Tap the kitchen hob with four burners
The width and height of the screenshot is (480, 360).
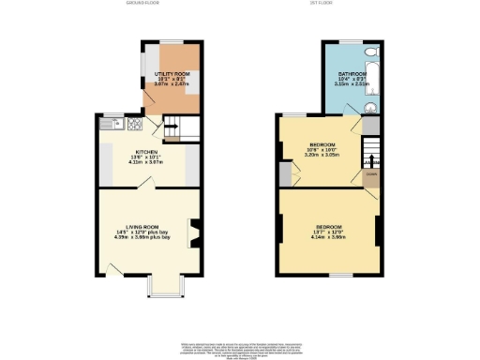(134, 123)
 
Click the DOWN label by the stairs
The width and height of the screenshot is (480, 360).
(370, 174)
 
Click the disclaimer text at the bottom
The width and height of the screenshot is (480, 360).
(240, 346)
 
